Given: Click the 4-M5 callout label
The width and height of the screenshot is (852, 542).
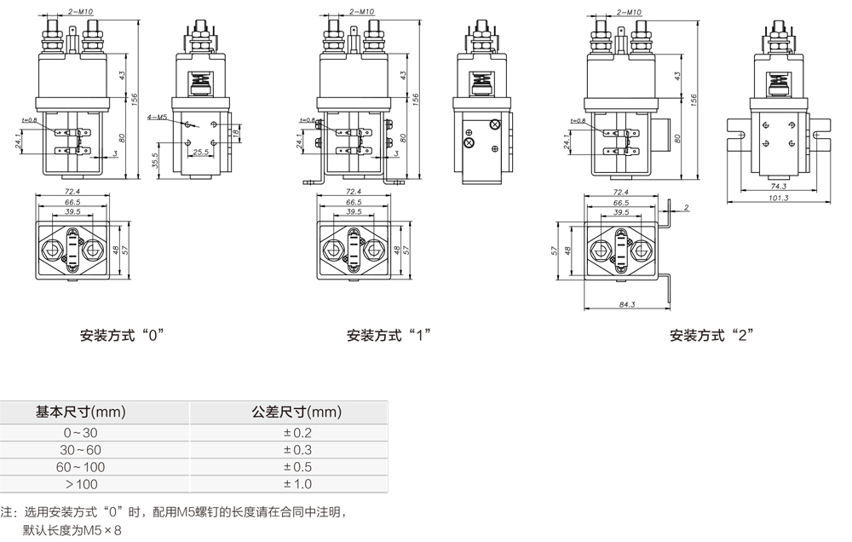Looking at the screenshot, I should coord(155,116).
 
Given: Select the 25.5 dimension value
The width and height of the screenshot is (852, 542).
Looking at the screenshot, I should coord(201,153).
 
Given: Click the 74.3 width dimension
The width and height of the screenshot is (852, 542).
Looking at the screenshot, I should coord(778,185).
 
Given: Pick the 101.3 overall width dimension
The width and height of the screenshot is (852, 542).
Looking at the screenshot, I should coord(778,198).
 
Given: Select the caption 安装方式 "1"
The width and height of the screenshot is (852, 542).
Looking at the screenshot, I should coord(389,335).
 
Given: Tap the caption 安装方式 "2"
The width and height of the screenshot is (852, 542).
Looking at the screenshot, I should coord(712,335).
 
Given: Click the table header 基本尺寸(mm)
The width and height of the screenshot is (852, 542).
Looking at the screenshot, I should coord(81,412).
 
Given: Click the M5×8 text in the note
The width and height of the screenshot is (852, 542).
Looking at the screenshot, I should coord(101,530).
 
